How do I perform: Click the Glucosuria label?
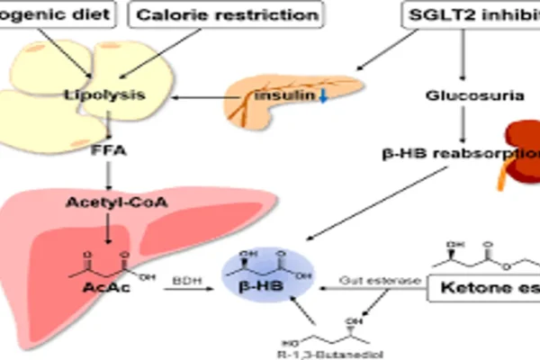[x=460, y=94]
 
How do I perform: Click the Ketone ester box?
[x=491, y=290]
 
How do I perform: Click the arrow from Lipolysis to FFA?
[x=106, y=122]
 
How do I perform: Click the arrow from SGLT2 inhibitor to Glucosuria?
[x=462, y=56]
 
